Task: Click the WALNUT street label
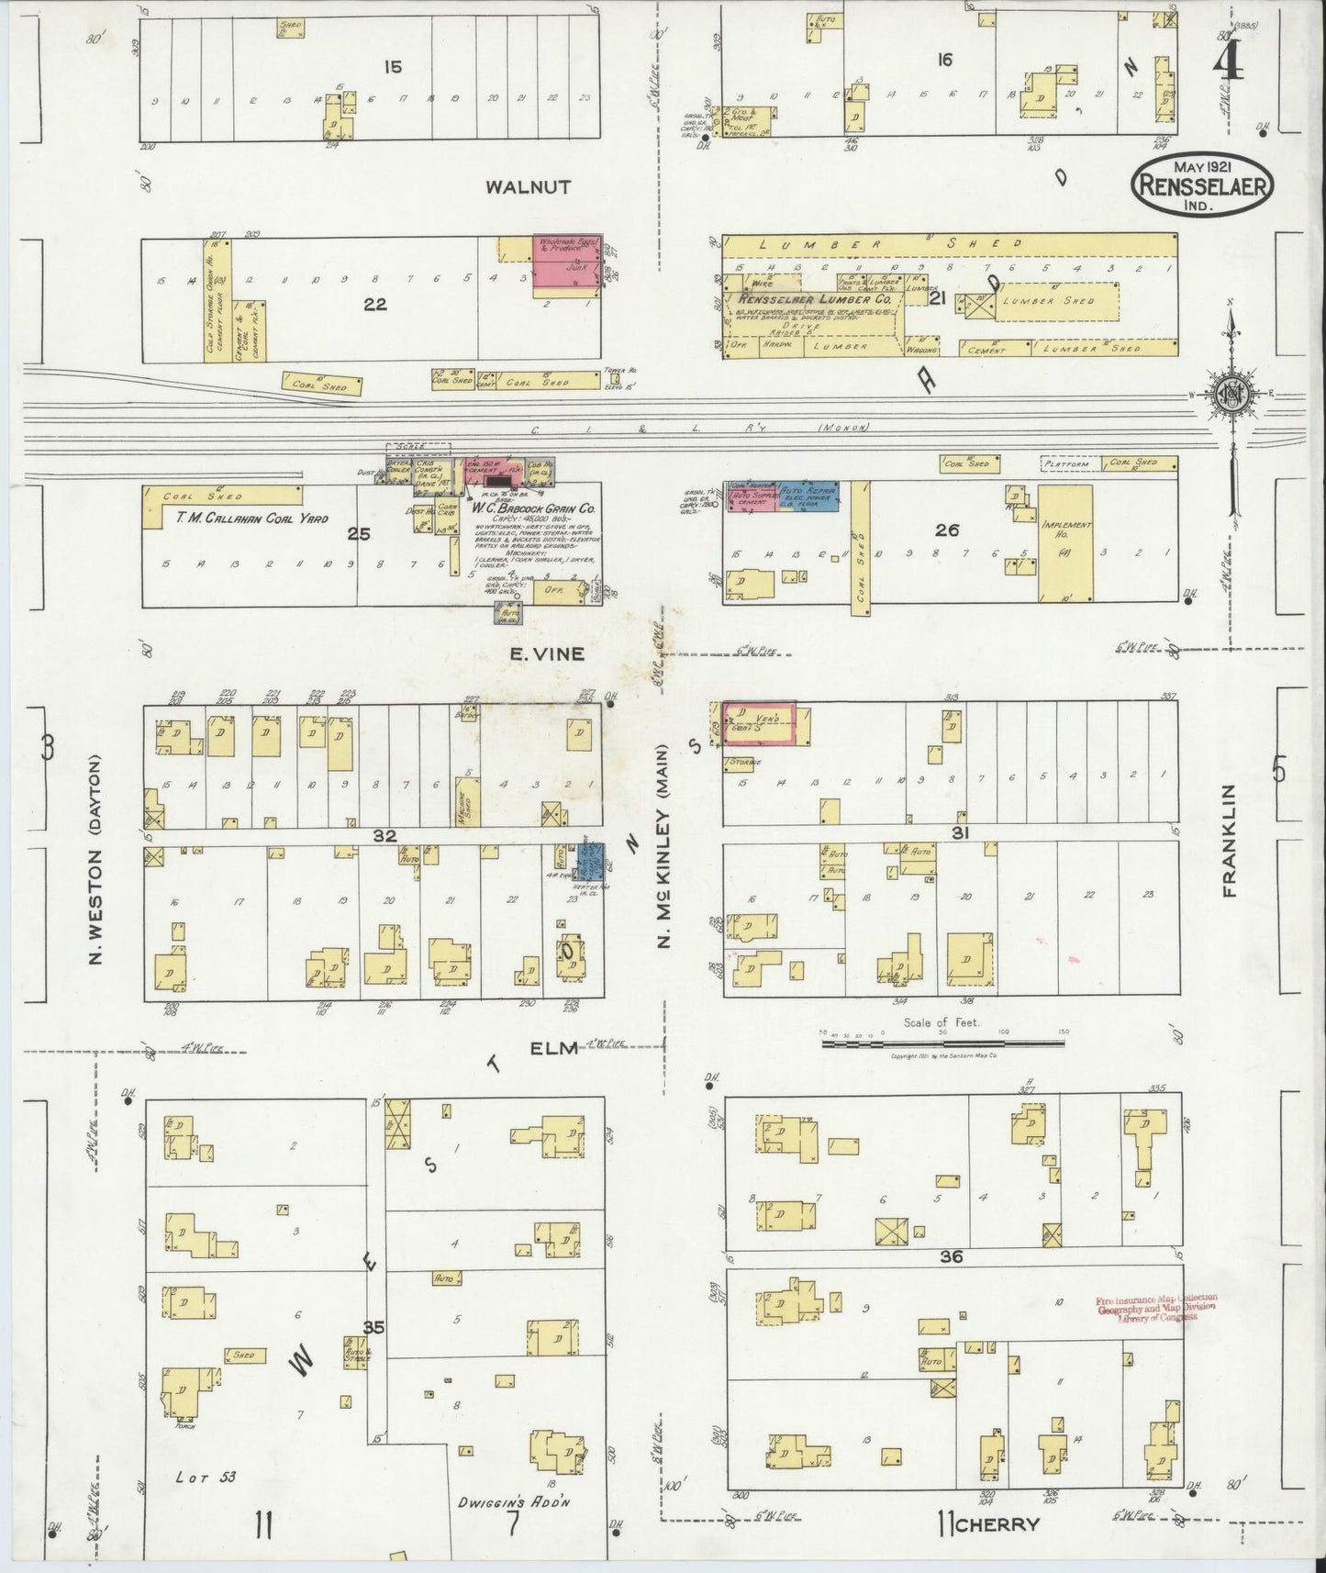[x=528, y=187]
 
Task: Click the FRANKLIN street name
[x=1231, y=840]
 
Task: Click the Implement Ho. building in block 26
[x=1065, y=541]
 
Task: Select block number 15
[x=394, y=65]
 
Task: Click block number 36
[x=951, y=1256]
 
